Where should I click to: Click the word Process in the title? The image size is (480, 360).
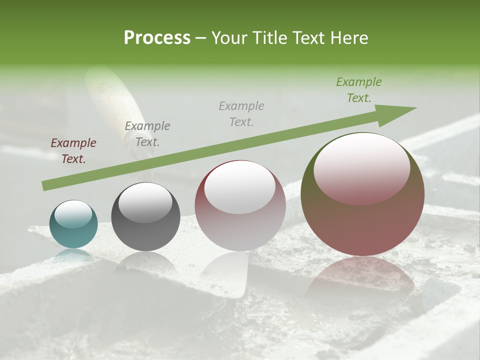[157, 38]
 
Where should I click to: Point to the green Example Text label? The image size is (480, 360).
[358, 90]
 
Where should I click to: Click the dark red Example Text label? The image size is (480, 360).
[73, 151]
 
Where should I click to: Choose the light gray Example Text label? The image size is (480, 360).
[241, 113]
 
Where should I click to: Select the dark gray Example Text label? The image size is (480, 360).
[147, 133]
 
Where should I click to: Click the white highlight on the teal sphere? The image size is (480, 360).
[73, 213]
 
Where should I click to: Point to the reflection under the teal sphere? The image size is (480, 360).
[73, 256]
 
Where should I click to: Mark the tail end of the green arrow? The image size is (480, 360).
[45, 185]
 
